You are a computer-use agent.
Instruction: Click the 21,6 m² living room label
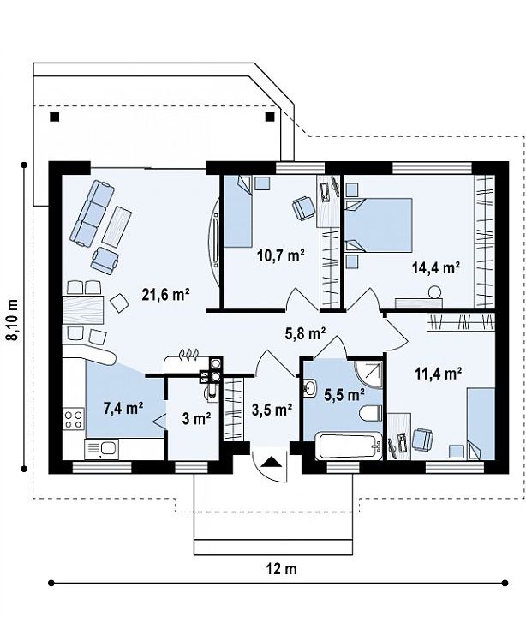(x=166, y=294)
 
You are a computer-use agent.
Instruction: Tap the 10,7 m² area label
(x=281, y=255)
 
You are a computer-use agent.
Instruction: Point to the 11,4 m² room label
(x=439, y=373)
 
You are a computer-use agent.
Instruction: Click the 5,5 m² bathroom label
(x=344, y=394)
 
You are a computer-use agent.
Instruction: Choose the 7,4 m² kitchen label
(x=123, y=408)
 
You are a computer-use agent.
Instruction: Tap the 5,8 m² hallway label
(x=305, y=333)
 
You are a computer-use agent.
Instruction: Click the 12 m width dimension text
(x=281, y=568)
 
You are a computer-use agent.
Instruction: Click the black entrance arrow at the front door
(x=272, y=461)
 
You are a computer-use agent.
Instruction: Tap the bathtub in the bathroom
(x=349, y=445)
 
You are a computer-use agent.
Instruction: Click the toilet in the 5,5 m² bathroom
(x=370, y=413)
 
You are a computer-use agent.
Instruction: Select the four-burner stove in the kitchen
(x=74, y=419)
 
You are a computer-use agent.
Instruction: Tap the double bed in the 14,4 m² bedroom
(x=379, y=225)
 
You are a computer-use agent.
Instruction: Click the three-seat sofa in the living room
(x=93, y=213)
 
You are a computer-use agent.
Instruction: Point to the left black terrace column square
(x=55, y=117)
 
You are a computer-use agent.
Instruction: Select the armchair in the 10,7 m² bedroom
(x=303, y=208)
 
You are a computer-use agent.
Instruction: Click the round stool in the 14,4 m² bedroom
(x=434, y=292)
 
